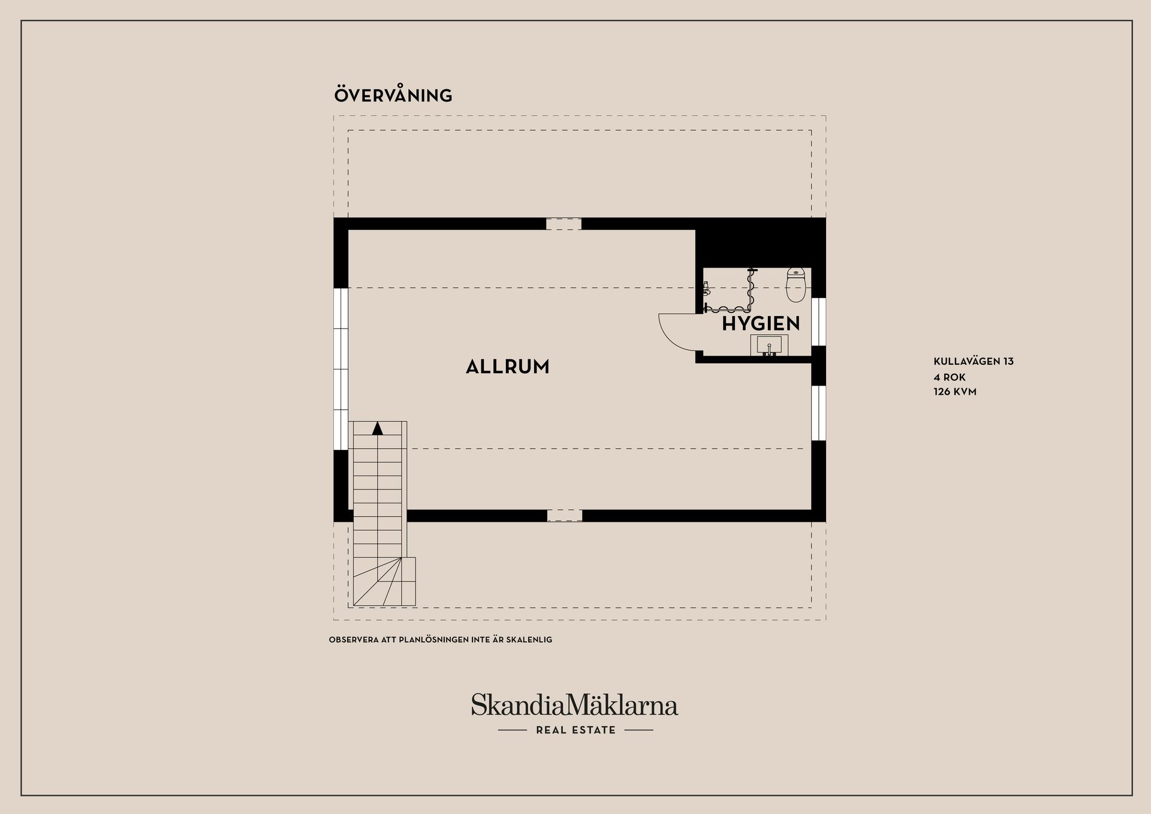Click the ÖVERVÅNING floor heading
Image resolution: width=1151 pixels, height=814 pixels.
point(393,96)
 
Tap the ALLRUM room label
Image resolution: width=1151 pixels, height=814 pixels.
point(507,367)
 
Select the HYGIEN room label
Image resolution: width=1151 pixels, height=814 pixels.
point(760,324)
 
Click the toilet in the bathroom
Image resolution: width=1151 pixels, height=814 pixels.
point(796,286)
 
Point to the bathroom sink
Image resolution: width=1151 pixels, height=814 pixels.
point(769,346)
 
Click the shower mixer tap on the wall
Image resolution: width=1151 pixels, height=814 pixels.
point(707,289)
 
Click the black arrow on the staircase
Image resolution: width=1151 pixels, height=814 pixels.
point(377,428)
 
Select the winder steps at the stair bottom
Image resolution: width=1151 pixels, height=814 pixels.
point(381,581)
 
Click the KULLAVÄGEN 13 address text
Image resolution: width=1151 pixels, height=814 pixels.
point(974,361)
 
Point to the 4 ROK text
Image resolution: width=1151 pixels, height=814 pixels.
point(950,377)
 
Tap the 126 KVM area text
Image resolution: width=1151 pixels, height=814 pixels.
point(955,392)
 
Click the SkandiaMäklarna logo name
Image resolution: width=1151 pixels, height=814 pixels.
point(574,705)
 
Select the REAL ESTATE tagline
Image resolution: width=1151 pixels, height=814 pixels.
point(575,730)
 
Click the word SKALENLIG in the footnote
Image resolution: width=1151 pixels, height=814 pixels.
point(529,640)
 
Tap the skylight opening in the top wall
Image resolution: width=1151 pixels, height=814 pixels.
point(564,224)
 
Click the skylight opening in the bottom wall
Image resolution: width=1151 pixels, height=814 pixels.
point(564,515)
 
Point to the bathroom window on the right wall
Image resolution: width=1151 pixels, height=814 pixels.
point(818,321)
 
